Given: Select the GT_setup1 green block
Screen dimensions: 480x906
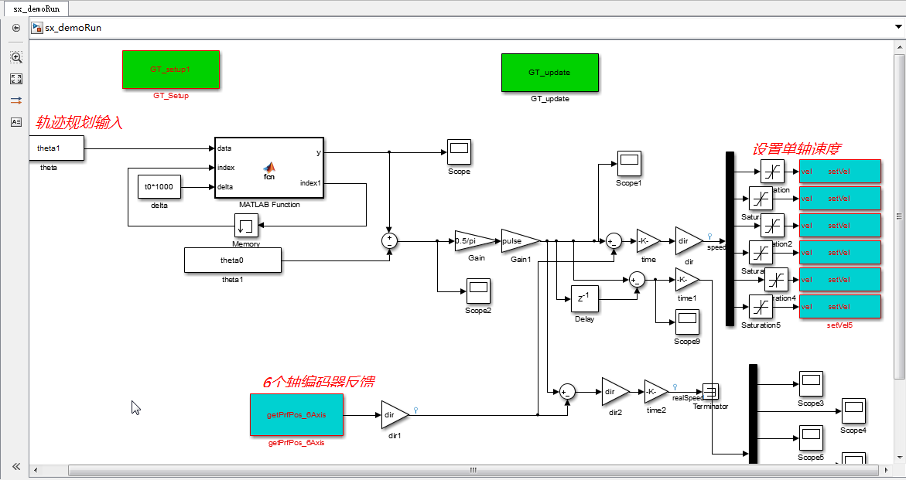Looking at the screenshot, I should click(171, 70).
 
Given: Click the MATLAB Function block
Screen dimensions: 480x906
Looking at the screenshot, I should click(269, 168).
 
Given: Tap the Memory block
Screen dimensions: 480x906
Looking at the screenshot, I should click(246, 226).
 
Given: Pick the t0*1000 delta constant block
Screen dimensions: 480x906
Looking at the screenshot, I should click(159, 187).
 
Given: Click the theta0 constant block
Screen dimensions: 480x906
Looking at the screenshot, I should click(232, 260).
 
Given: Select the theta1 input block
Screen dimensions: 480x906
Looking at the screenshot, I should click(56, 148).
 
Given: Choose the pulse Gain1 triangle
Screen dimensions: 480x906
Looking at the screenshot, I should click(519, 241).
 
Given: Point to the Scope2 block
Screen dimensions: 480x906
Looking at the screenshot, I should click(478, 291).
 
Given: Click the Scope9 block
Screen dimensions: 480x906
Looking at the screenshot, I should click(687, 322).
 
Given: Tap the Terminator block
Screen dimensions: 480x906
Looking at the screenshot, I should click(711, 392).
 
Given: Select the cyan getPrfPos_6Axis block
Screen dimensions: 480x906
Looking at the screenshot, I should click(296, 414).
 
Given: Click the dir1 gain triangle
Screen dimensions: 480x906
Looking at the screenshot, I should click(393, 414).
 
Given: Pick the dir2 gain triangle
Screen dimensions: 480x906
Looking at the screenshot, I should click(614, 392).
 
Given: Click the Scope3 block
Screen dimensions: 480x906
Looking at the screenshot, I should click(811, 383).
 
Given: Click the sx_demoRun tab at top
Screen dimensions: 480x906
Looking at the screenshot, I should click(35, 9).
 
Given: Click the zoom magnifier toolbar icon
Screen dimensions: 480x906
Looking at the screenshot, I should click(16, 57).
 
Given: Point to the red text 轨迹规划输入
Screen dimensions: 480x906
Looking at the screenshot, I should click(80, 122).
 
